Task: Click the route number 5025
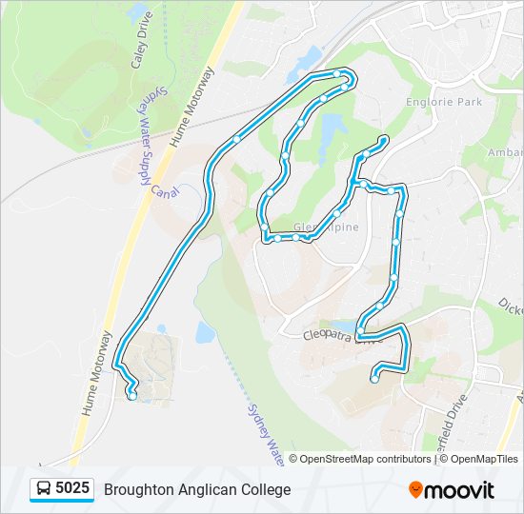[72, 489]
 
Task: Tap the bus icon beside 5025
[44, 489]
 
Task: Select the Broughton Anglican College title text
[197, 490]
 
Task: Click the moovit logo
[452, 490]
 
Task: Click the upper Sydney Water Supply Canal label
[147, 143]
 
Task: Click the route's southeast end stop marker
[373, 379]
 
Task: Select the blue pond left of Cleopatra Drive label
[205, 332]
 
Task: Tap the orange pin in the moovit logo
[415, 490]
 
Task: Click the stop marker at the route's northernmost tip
[338, 72]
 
